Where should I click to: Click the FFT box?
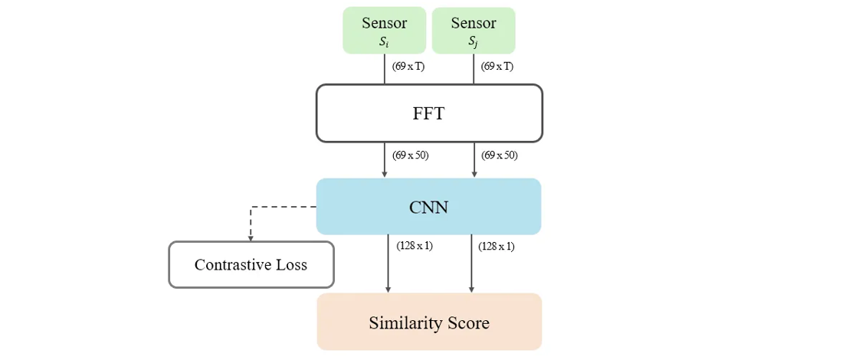(429, 113)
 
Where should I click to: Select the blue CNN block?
(428, 206)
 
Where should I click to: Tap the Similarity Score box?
(429, 322)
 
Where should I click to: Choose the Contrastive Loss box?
(251, 265)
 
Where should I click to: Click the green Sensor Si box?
(384, 31)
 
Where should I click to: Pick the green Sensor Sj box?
(474, 31)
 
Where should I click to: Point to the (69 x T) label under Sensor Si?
(408, 67)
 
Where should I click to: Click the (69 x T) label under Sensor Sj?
(497, 67)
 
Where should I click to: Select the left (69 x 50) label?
(411, 155)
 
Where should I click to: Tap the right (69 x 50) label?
(500, 155)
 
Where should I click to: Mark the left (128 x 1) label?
(415, 247)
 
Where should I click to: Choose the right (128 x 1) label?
(497, 247)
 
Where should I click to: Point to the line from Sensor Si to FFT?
(385, 69)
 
